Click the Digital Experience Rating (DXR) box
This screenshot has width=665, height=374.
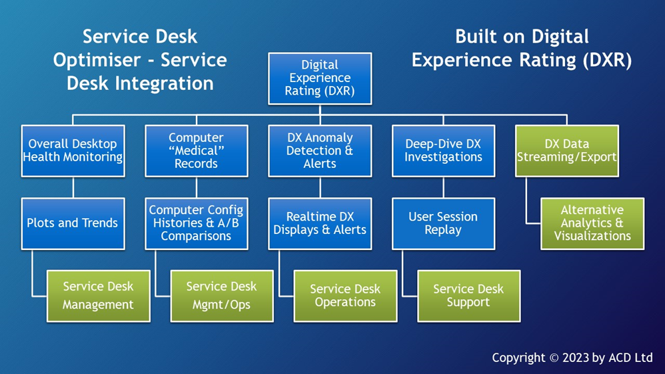point(320,78)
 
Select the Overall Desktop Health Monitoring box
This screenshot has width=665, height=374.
point(73,151)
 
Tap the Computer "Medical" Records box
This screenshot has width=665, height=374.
point(197,151)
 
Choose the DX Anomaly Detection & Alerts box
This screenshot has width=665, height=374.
point(320,151)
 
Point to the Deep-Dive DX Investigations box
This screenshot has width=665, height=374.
point(443,151)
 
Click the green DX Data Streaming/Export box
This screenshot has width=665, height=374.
point(566,151)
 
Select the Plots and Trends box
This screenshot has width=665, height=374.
point(73,223)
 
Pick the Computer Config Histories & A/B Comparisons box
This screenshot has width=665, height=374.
point(197,223)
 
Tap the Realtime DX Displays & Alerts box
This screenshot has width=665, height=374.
point(320,223)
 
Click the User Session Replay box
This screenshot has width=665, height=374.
point(443,223)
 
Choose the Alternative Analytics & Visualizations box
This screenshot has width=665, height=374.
point(592,223)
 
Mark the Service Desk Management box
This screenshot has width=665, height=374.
point(98,295)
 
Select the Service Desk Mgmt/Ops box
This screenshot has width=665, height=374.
point(221,295)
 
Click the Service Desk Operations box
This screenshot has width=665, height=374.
point(345,295)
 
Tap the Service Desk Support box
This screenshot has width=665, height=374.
point(468,295)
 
